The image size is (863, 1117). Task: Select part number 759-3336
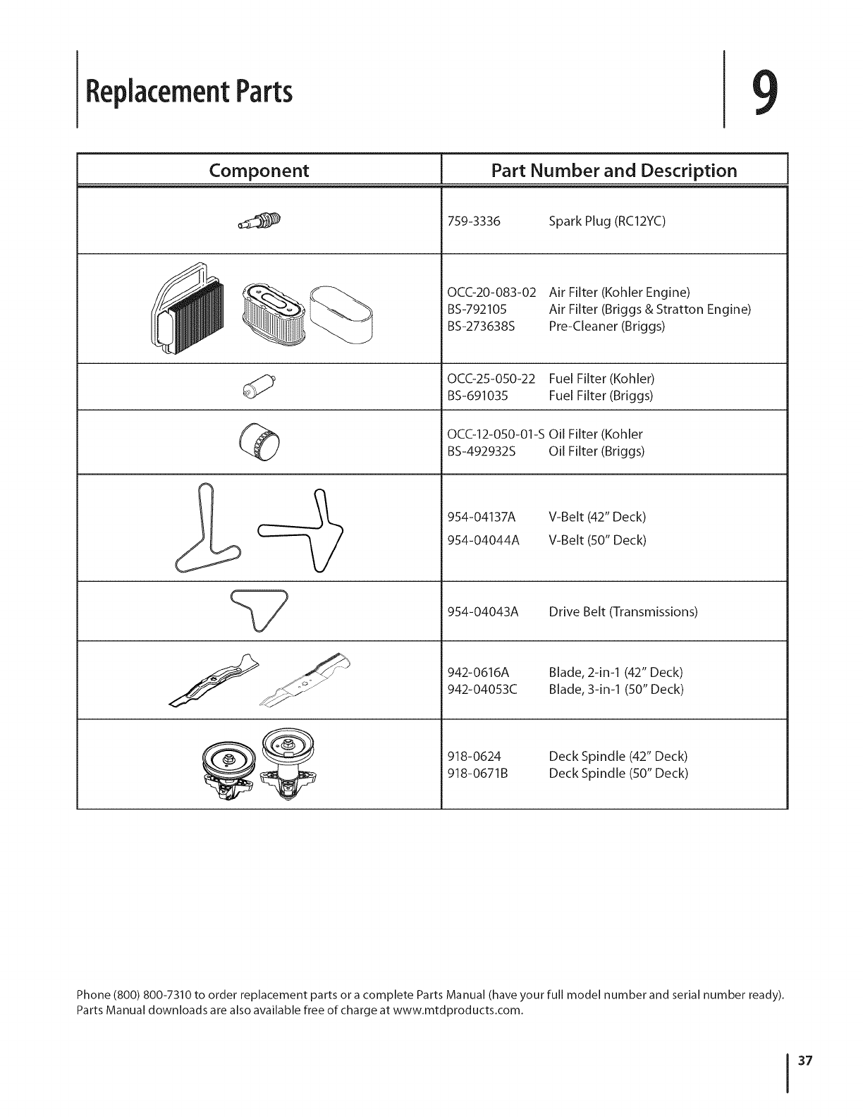(x=474, y=221)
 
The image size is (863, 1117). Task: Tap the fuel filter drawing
(x=257, y=386)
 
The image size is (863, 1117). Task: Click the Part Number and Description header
(x=614, y=171)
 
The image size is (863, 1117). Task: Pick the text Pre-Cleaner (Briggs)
(x=607, y=326)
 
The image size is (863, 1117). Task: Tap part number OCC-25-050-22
(x=491, y=378)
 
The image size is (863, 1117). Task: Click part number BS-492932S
(x=482, y=451)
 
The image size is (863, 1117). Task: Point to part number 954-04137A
(x=482, y=518)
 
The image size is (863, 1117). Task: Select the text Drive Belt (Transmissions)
(x=623, y=611)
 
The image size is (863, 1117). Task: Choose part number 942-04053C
(x=483, y=689)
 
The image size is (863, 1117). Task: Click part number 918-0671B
(x=478, y=774)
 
